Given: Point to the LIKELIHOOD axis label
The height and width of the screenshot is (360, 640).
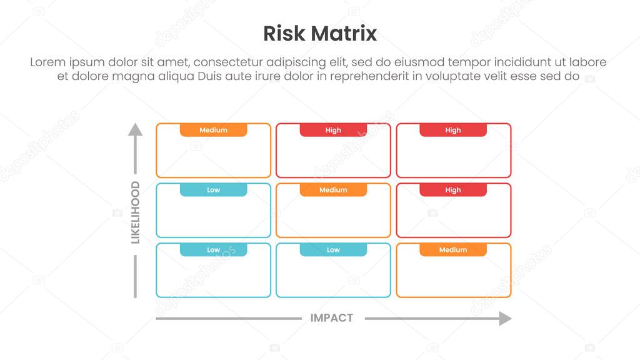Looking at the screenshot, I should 135,212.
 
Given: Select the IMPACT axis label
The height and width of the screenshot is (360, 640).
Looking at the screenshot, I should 332,318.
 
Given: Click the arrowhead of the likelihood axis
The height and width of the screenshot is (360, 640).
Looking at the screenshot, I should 135,129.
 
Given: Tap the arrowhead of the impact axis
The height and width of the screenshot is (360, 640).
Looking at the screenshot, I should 505,319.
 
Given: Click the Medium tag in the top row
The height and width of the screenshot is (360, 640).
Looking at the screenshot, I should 213,130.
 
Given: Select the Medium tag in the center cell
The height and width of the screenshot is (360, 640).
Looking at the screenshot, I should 333,190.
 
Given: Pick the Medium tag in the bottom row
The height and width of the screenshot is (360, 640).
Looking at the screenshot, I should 453,250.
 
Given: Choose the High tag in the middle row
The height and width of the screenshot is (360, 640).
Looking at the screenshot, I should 453,190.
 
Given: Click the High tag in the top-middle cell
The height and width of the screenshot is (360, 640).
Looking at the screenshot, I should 333,130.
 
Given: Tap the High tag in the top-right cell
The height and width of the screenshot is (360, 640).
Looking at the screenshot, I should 453,130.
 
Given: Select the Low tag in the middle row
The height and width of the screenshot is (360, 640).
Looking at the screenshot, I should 213,190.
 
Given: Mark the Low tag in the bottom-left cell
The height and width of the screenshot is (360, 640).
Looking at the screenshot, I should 213,250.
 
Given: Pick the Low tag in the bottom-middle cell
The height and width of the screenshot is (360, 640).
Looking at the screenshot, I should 333,250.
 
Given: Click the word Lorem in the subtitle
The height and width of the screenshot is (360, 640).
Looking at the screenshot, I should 48,62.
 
